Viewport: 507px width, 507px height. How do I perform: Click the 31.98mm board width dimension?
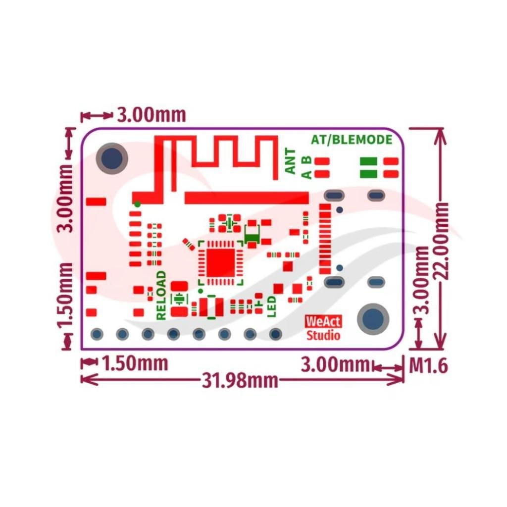[240, 380]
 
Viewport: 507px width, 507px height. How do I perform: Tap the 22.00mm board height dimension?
[440, 241]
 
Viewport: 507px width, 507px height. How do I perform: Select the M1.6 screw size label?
[428, 366]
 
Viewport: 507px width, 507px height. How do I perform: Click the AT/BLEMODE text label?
[352, 139]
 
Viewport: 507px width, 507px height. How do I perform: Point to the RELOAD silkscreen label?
[161, 295]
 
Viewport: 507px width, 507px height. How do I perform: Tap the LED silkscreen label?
[272, 306]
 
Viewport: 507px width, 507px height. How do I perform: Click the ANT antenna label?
[290, 161]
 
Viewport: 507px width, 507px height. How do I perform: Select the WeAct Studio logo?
[323, 328]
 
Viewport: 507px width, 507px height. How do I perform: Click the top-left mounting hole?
[112, 158]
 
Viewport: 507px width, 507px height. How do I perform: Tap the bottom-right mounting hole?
[373, 319]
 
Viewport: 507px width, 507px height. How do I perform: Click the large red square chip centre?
[220, 262]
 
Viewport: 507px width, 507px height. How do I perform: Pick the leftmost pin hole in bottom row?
[97, 334]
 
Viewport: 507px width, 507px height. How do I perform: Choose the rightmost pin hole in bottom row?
[275, 334]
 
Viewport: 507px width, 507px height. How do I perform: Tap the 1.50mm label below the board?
[135, 363]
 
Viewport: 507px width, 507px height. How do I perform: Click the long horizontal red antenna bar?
[247, 198]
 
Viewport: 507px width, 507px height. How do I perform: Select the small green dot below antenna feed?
[137, 204]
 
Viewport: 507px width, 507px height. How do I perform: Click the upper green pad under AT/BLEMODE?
[368, 161]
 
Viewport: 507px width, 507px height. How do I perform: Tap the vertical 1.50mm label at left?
[65, 295]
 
